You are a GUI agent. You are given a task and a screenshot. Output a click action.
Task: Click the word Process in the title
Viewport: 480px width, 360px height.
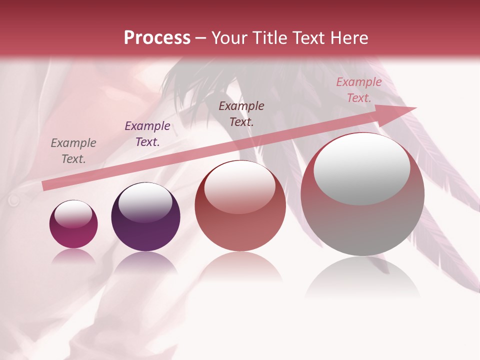pos(157,38)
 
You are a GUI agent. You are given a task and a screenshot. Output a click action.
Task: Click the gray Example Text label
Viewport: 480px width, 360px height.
pos(73,151)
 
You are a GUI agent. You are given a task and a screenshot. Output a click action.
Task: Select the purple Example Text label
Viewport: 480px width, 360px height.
pos(147,134)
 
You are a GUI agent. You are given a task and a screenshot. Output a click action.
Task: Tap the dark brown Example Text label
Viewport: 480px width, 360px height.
pos(241,114)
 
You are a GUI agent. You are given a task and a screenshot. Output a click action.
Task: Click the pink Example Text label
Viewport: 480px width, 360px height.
pos(359,90)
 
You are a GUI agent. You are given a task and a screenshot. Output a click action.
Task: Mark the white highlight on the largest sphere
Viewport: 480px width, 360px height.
pos(361,169)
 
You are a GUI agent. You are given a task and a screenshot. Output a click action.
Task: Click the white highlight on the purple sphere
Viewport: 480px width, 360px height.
pos(145,201)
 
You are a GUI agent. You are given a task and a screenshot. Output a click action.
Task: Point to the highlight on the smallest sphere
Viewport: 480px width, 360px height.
pos(73,214)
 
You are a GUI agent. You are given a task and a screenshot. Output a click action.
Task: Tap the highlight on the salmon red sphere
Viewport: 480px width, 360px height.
pos(239,187)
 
